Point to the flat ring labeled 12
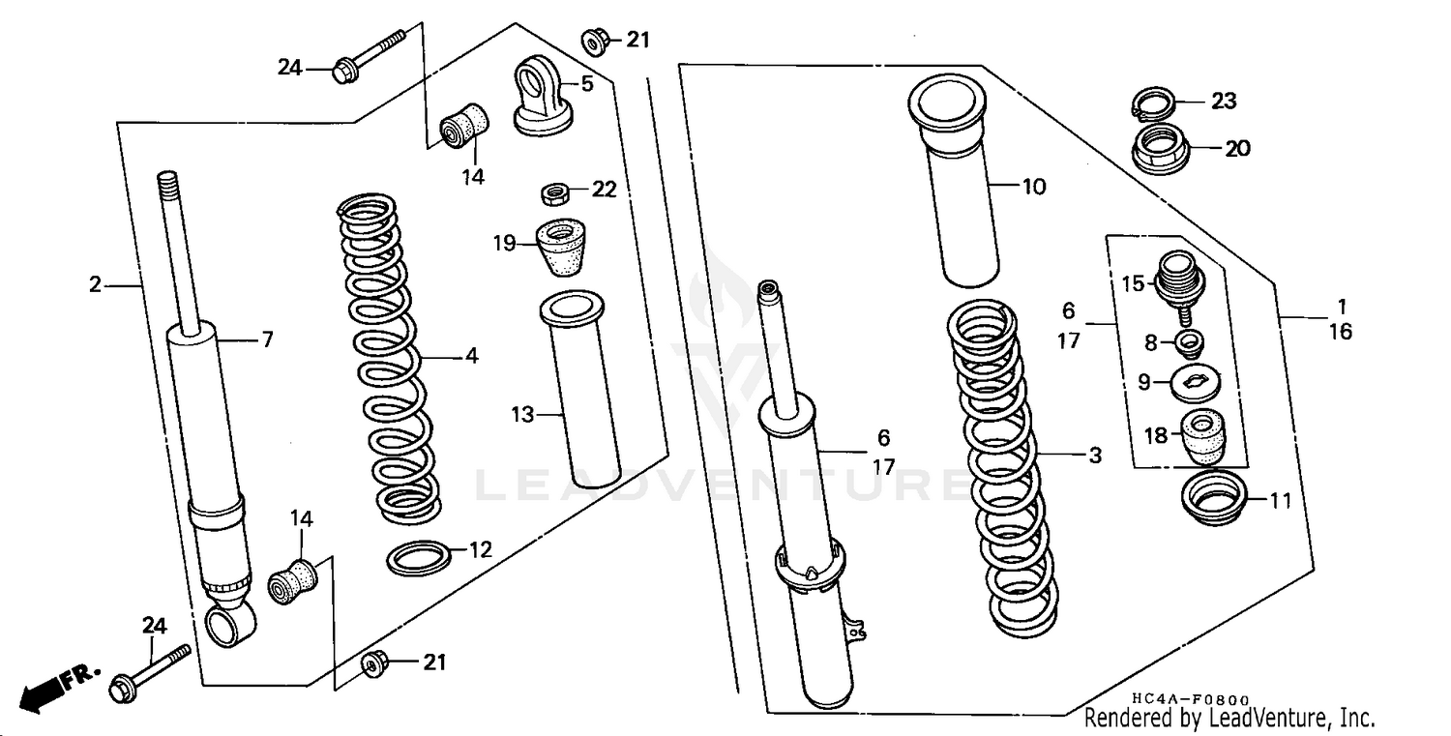(x=418, y=558)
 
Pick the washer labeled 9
(x=1196, y=382)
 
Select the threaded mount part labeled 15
(x=1178, y=277)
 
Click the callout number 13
(x=522, y=415)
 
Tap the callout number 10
(x=1033, y=187)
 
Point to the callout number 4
(x=471, y=356)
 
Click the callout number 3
(x=1094, y=456)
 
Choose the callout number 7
(x=266, y=339)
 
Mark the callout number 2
(x=95, y=284)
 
